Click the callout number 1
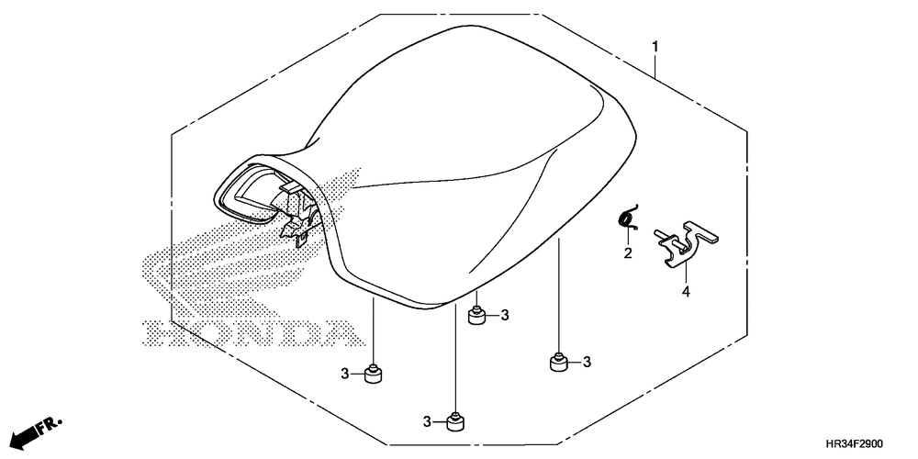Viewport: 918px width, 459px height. pos(655,46)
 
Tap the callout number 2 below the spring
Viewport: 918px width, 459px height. pos(628,253)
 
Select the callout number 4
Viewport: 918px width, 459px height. pos(686,291)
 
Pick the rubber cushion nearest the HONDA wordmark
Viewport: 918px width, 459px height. pos(373,374)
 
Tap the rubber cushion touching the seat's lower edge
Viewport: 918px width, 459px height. pos(477,316)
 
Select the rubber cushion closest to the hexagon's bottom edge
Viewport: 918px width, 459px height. pos(454,421)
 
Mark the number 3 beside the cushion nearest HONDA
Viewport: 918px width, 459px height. pos(345,373)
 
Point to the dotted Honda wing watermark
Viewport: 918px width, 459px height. pos(246,246)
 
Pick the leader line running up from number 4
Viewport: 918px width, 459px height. pos(686,274)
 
